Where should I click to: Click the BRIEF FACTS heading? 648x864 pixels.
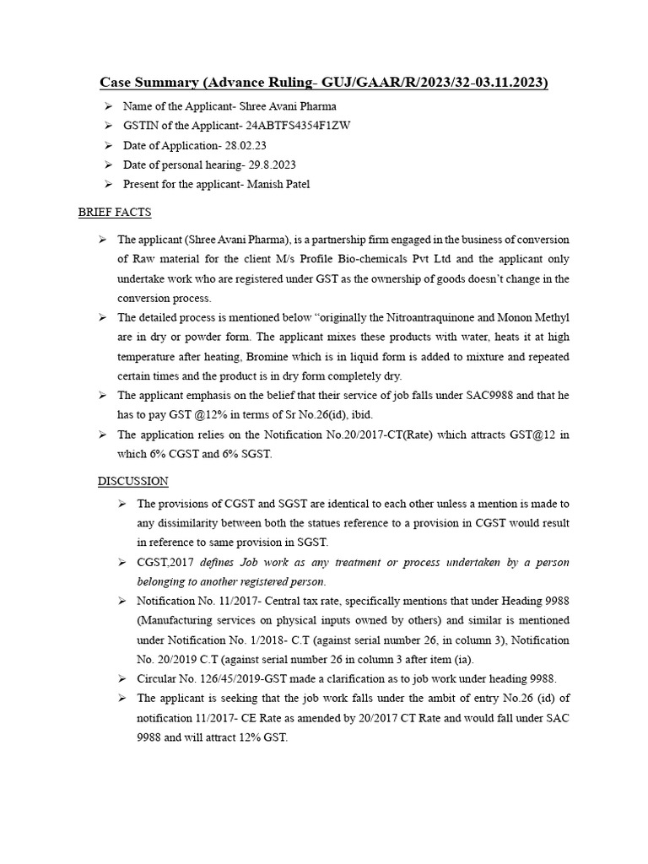pos(115,213)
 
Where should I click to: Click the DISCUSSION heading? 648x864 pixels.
pos(132,481)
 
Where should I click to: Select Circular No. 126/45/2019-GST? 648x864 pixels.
pos(214,679)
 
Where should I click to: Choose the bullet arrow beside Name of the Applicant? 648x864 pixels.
pos(108,106)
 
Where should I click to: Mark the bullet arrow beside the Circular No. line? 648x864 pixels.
pos(121,679)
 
